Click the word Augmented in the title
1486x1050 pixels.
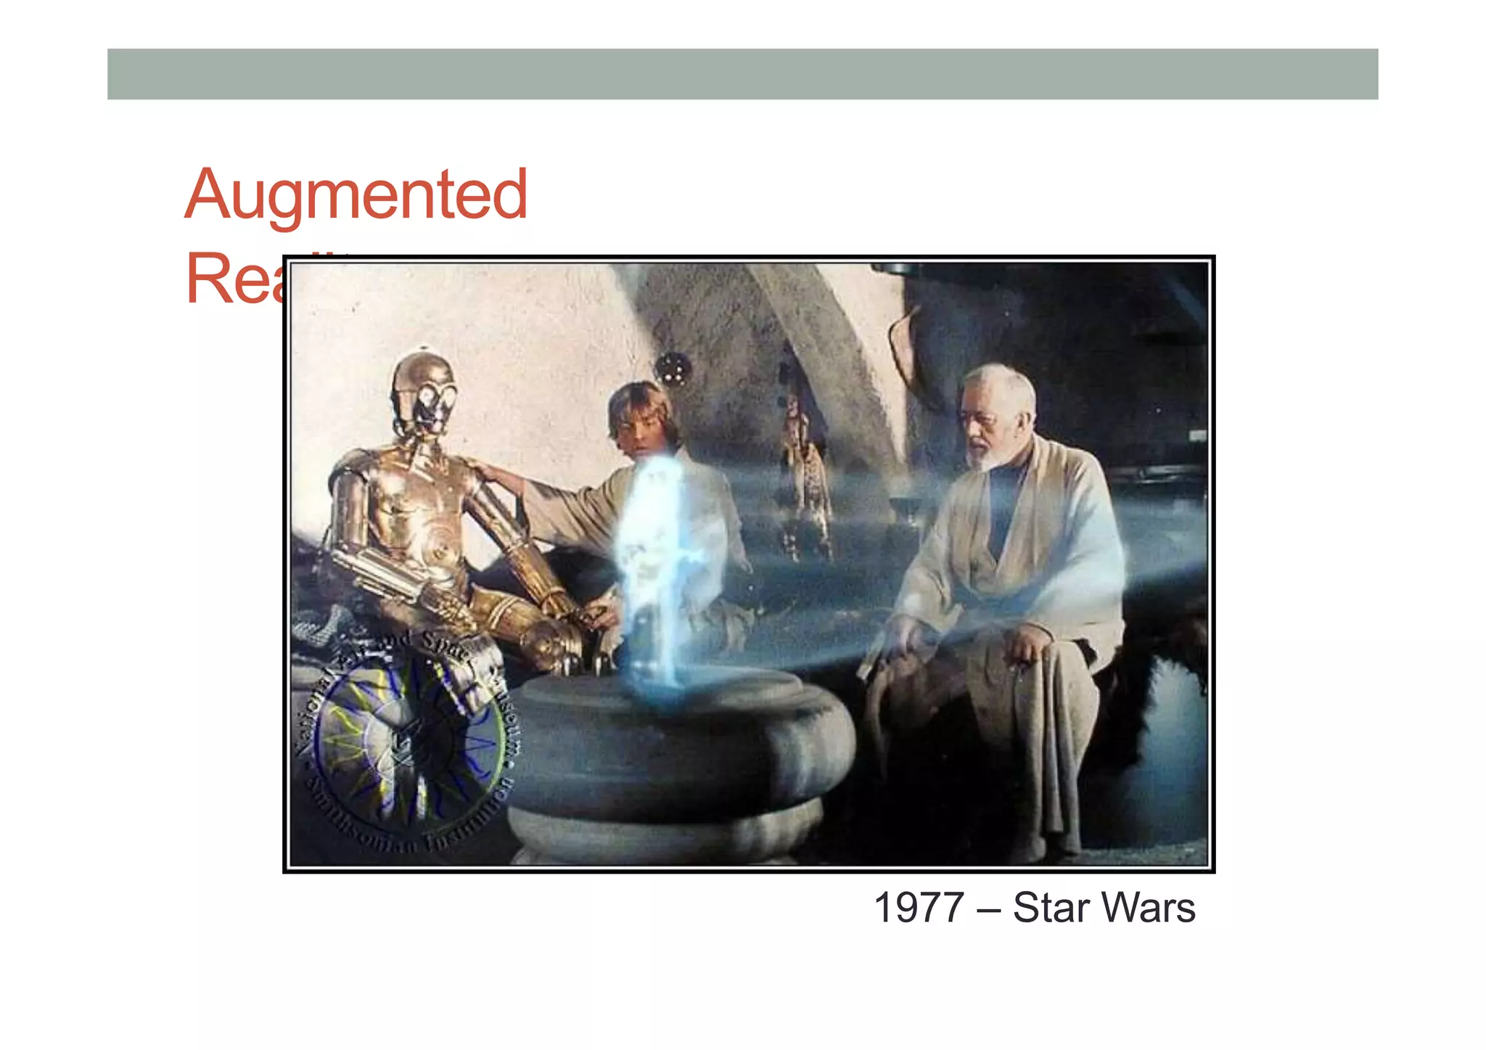[356, 194]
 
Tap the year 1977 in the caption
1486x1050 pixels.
[918, 908]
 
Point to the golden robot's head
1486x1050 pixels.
[424, 392]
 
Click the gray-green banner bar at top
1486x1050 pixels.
[742, 74]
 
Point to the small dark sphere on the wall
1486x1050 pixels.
[672, 366]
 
